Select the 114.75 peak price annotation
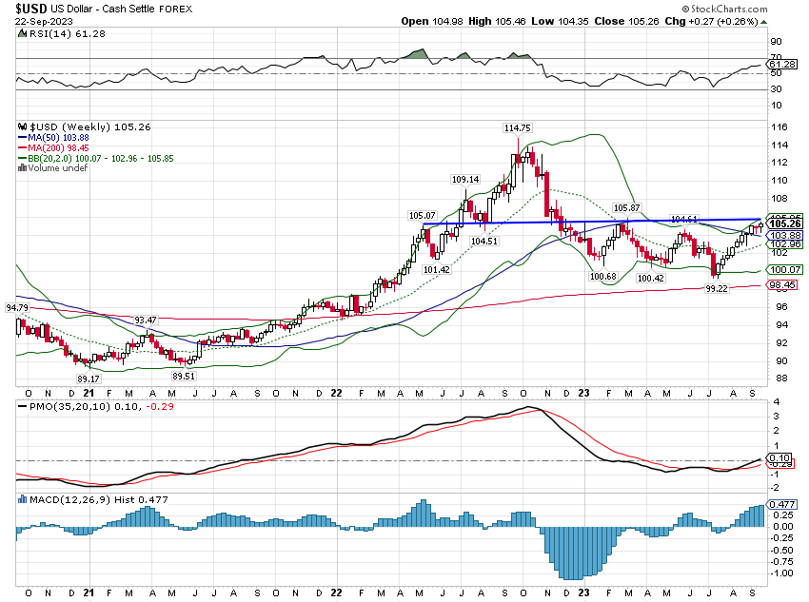pos(517,127)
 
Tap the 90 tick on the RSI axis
pos(775,42)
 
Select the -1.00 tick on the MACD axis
pos(780,573)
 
